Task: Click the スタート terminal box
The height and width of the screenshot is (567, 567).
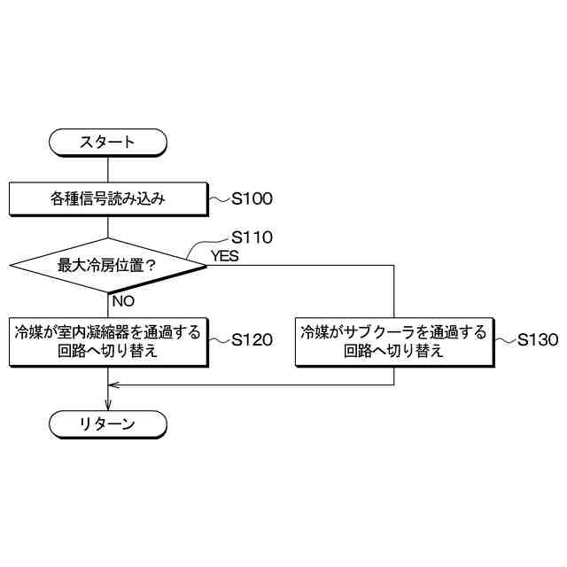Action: (x=107, y=143)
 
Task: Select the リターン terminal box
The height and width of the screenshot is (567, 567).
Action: (x=107, y=423)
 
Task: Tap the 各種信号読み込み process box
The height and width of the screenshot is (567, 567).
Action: (x=107, y=198)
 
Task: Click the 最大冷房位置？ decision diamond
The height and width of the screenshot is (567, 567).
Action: (x=107, y=264)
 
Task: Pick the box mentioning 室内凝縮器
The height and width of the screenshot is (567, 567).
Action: (x=107, y=341)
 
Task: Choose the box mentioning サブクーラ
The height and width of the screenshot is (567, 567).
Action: (x=393, y=341)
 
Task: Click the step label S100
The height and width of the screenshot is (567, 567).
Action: (x=252, y=199)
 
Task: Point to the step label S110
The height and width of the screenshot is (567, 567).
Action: (x=252, y=237)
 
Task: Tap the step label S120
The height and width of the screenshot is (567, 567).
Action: (x=252, y=341)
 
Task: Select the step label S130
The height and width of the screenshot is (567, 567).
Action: (x=538, y=340)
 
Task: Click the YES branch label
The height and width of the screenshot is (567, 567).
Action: (x=223, y=256)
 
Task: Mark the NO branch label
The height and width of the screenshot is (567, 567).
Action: (x=123, y=301)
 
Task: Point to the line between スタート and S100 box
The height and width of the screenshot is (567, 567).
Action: (x=107, y=169)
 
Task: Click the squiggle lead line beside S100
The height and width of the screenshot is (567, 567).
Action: (x=218, y=200)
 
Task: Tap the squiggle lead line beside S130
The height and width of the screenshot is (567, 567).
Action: (x=504, y=341)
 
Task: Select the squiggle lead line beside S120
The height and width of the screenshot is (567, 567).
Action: (x=218, y=341)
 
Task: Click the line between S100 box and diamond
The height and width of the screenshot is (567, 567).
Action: (x=107, y=226)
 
